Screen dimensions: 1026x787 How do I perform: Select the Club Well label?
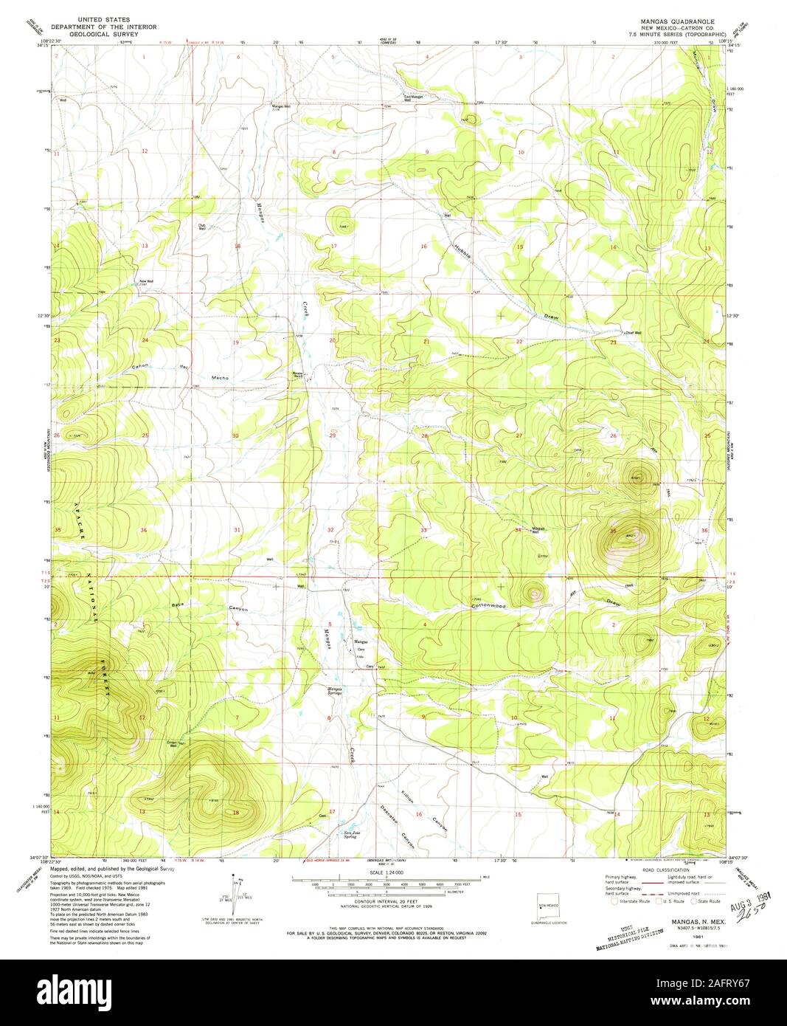[x=201, y=227]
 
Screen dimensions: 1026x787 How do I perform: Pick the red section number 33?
[x=424, y=531]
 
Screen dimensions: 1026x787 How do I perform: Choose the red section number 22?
[x=519, y=342]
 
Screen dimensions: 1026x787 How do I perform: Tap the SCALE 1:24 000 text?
[x=385, y=873]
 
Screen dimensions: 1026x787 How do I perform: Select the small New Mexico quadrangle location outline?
[x=547, y=907]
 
